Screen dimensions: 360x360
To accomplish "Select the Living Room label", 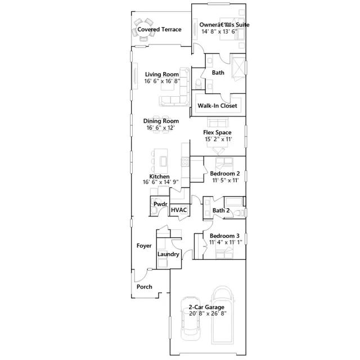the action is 161,74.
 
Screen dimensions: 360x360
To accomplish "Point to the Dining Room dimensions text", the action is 161,128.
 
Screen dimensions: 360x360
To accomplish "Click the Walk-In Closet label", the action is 217,106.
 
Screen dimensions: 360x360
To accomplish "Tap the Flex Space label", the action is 217,133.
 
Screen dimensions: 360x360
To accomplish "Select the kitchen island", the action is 163,160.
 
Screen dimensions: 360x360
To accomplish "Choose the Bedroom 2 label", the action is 226,174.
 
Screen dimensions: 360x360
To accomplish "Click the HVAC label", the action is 178,210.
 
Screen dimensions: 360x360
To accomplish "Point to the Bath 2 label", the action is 221,211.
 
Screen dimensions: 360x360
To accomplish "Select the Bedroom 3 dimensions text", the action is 225,242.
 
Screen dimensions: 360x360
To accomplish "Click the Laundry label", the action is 168,254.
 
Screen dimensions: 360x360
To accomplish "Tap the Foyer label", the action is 144,246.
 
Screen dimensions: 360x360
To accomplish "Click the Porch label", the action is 144,287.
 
